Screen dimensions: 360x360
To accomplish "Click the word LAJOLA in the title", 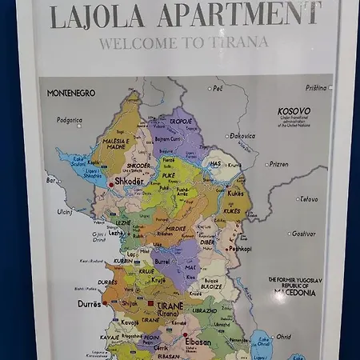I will click(98, 16).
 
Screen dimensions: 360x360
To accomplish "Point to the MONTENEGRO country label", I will click(70, 93).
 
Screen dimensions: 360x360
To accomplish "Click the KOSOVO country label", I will click(294, 111).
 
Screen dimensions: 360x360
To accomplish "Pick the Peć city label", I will click(217, 88).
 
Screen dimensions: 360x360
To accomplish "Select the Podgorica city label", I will click(69, 120).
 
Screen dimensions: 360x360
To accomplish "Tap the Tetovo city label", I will click(307, 199).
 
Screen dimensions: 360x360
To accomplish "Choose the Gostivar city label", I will click(302, 234).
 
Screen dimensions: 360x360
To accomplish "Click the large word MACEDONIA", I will click(294, 292).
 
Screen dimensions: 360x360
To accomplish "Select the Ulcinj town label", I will click(64, 211).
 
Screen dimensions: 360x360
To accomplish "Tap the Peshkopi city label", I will click(240, 249).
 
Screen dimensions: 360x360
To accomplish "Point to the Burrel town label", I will click(162, 261).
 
